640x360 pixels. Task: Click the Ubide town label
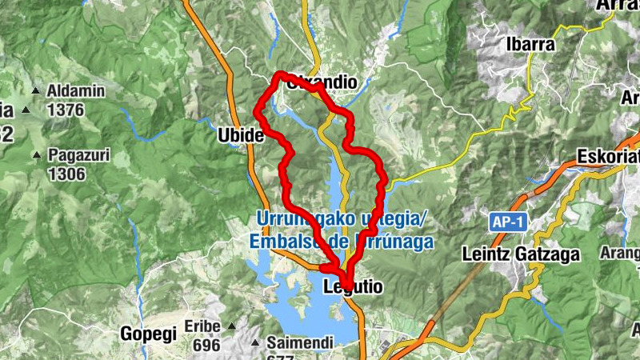coord(240,136)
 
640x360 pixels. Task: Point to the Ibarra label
coord(530,45)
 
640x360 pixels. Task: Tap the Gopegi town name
coord(148,334)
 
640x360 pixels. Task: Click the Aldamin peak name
coord(76,91)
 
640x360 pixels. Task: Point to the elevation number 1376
coord(65,110)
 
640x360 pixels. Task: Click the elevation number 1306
coord(66,173)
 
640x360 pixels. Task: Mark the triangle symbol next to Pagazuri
coord(37,154)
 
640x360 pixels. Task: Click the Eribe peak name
coord(202,326)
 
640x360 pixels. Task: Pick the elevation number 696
coord(206,345)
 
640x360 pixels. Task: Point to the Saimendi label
coord(294,342)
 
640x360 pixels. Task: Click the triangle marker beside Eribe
coord(232,326)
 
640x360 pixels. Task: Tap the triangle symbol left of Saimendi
coord(254,343)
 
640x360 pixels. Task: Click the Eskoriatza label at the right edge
coord(613,157)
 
